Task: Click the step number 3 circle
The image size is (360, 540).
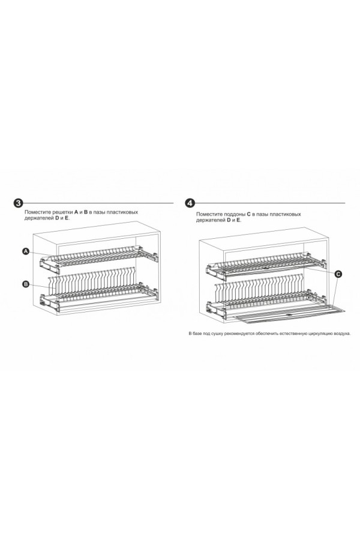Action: click(17, 203)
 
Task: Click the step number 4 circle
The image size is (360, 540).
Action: click(190, 203)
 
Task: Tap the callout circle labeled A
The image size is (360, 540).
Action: click(25, 252)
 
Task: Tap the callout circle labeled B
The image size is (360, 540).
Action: click(25, 284)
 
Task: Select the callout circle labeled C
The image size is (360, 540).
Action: click(338, 274)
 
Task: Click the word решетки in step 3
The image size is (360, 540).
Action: click(64, 212)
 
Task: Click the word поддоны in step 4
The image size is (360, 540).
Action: click(235, 214)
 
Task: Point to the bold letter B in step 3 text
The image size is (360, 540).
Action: click(86, 212)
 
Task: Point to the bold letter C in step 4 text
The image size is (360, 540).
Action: click(249, 214)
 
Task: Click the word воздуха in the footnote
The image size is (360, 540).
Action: click(342, 334)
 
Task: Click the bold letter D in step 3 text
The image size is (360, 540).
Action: click(57, 218)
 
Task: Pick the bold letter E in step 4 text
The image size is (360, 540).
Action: click(238, 220)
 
